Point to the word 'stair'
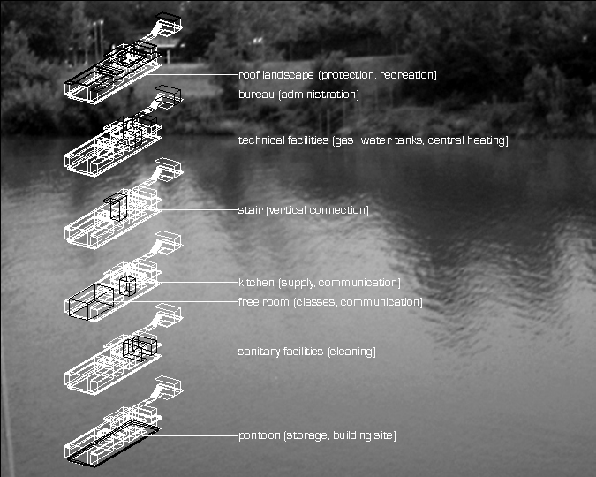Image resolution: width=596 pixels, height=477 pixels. tap(249, 210)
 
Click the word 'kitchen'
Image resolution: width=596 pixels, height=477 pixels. tap(256, 283)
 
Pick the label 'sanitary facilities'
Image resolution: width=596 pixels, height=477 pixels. tap(280, 352)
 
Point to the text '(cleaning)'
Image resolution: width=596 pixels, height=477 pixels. tap(351, 352)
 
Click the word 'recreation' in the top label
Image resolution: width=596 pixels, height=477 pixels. tap(409, 75)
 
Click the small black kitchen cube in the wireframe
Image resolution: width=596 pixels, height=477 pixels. tap(128, 285)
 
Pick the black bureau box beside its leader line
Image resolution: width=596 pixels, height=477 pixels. tap(168, 95)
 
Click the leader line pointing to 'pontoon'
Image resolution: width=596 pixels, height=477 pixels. tap(199, 436)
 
